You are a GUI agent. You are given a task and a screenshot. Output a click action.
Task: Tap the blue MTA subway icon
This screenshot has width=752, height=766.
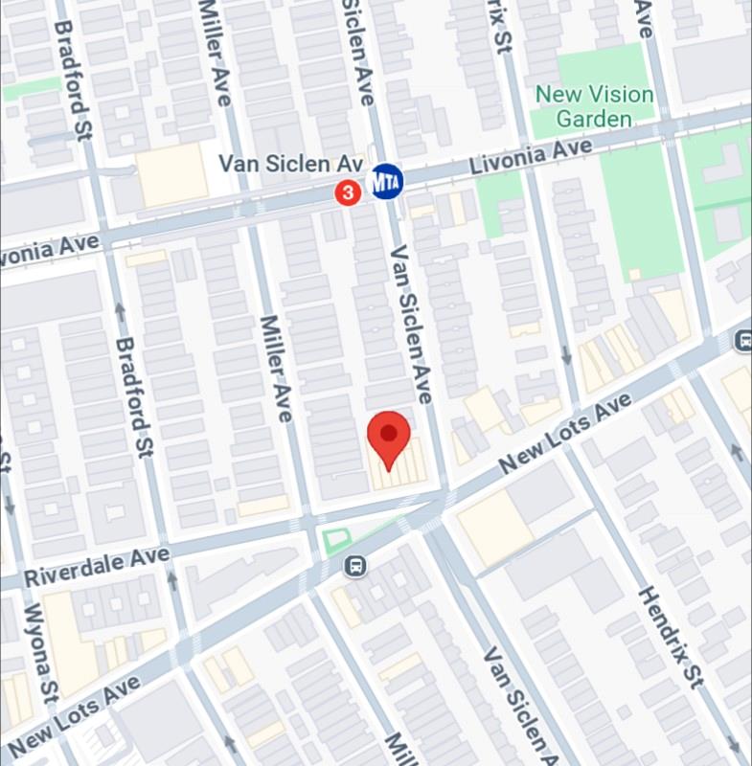click(x=386, y=181)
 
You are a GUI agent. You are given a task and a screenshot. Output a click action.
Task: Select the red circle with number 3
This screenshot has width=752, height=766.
click(x=348, y=193)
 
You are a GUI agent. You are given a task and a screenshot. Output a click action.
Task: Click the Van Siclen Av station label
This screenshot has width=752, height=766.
click(x=290, y=164)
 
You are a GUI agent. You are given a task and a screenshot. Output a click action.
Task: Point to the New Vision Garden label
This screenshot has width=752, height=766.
click(x=594, y=106)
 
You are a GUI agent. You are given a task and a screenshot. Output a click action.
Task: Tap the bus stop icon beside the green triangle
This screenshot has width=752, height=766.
click(x=355, y=566)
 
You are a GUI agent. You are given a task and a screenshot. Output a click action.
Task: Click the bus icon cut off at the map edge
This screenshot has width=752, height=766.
click(x=743, y=340)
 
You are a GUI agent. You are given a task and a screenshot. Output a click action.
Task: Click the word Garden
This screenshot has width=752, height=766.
click(x=595, y=119)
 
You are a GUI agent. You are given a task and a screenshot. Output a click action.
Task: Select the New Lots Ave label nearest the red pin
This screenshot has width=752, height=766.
click(x=564, y=435)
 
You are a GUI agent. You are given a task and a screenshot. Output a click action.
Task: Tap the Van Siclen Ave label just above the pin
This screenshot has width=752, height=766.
click(x=409, y=323)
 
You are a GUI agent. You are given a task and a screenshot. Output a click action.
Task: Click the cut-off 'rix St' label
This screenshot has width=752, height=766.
click(x=499, y=29)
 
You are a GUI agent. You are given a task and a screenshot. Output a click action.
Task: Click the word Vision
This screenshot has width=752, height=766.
click(x=621, y=95)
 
